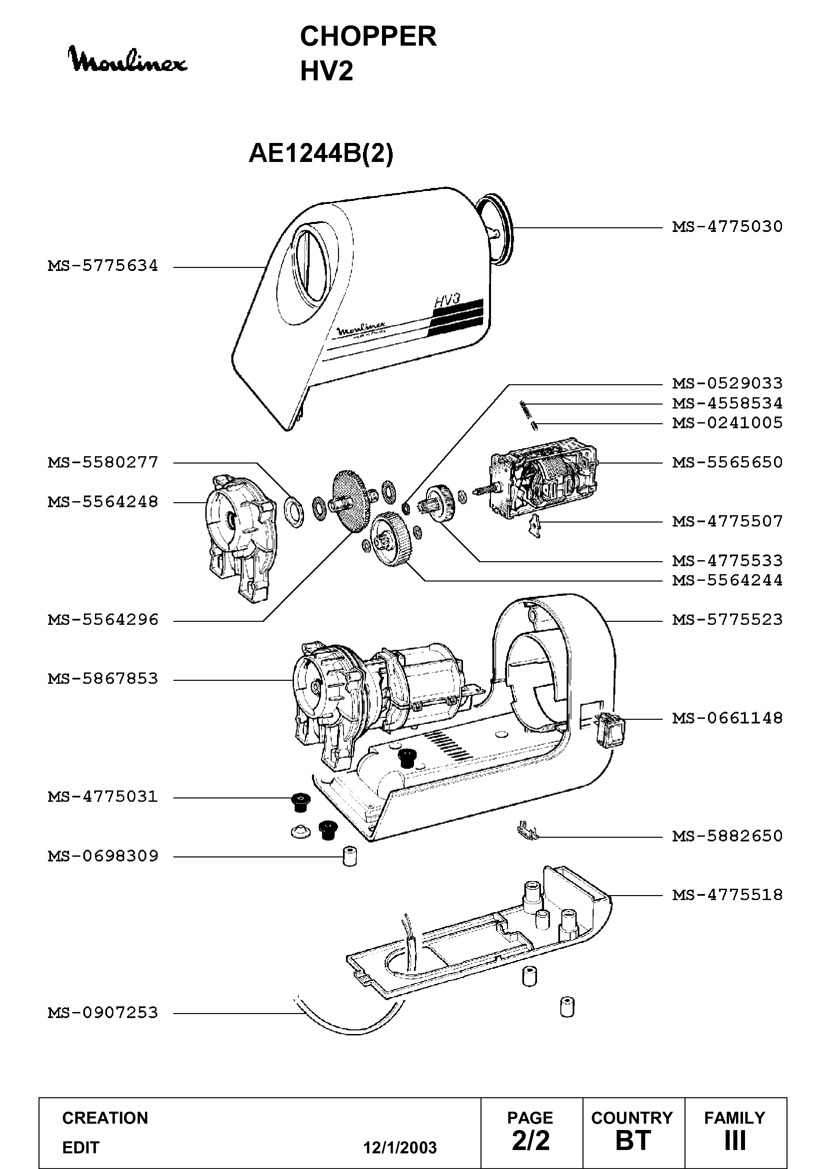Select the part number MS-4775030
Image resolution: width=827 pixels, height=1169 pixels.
tap(727, 227)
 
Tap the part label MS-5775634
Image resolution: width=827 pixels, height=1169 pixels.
tap(103, 266)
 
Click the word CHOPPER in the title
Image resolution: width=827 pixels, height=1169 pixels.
tap(368, 37)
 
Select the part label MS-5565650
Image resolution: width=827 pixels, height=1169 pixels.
tap(727, 462)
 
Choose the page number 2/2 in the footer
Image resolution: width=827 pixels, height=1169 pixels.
tap(531, 1140)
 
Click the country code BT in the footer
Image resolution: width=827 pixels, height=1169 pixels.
tap(633, 1140)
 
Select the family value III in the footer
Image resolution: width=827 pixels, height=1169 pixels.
tap(735, 1140)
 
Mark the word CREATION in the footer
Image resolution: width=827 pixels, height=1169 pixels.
tap(105, 1118)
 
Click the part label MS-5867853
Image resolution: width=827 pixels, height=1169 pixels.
tap(103, 679)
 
